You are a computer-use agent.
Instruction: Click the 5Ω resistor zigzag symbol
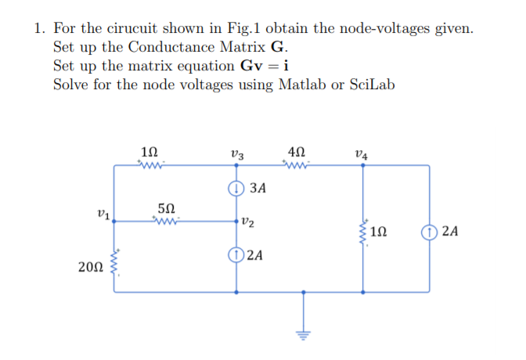pyautogui.click(x=167, y=221)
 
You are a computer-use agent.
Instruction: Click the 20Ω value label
pyautogui.click(x=89, y=268)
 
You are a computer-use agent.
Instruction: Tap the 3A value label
pyautogui.click(x=258, y=189)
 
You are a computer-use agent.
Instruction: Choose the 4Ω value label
pyautogui.click(x=298, y=149)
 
